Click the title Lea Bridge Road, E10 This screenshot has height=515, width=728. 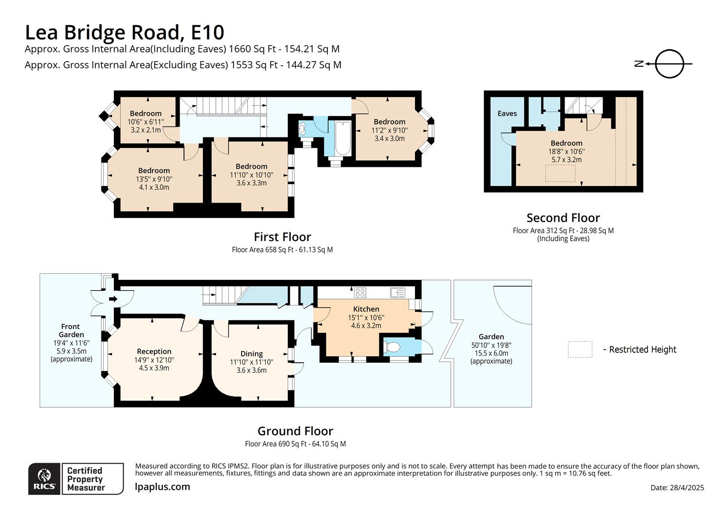(124, 32)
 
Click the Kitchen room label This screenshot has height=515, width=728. (366, 309)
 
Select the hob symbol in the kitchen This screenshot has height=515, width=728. (360, 292)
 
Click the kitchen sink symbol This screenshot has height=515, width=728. (397, 292)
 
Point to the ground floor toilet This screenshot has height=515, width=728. (393, 347)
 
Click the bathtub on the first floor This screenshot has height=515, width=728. (343, 139)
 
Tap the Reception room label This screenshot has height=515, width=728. (154, 351)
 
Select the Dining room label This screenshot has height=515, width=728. (252, 353)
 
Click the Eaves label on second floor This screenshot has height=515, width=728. (507, 113)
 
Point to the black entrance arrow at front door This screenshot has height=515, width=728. (113, 299)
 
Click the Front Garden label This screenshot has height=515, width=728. (71, 330)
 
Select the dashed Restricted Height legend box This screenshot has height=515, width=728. (580, 350)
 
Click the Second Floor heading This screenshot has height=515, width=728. (563, 218)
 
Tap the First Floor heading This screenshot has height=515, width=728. (282, 237)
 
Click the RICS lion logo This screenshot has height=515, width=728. (44, 477)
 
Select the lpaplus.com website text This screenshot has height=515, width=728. (162, 487)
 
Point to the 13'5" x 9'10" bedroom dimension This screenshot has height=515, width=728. (154, 179)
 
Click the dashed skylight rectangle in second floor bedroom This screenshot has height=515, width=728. (560, 173)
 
